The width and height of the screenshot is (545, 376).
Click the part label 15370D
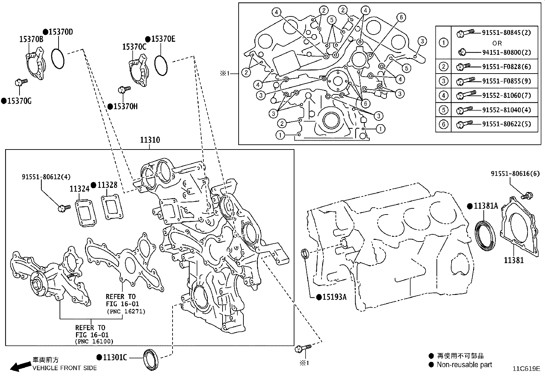[x=60, y=32]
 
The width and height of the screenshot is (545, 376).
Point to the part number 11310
[x=150, y=140]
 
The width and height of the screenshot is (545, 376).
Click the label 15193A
[x=334, y=297]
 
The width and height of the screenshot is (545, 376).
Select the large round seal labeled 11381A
[x=485, y=236]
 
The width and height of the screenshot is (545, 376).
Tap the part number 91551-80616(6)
[x=515, y=173]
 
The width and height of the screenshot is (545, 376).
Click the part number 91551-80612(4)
[x=46, y=177]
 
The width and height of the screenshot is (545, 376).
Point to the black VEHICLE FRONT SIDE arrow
[x=19, y=367]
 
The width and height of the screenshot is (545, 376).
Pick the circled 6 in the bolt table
[x=443, y=124]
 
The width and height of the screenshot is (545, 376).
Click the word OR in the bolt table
[x=497, y=43]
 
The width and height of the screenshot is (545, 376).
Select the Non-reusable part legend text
[x=464, y=365]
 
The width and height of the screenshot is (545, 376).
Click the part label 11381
[x=514, y=260]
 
